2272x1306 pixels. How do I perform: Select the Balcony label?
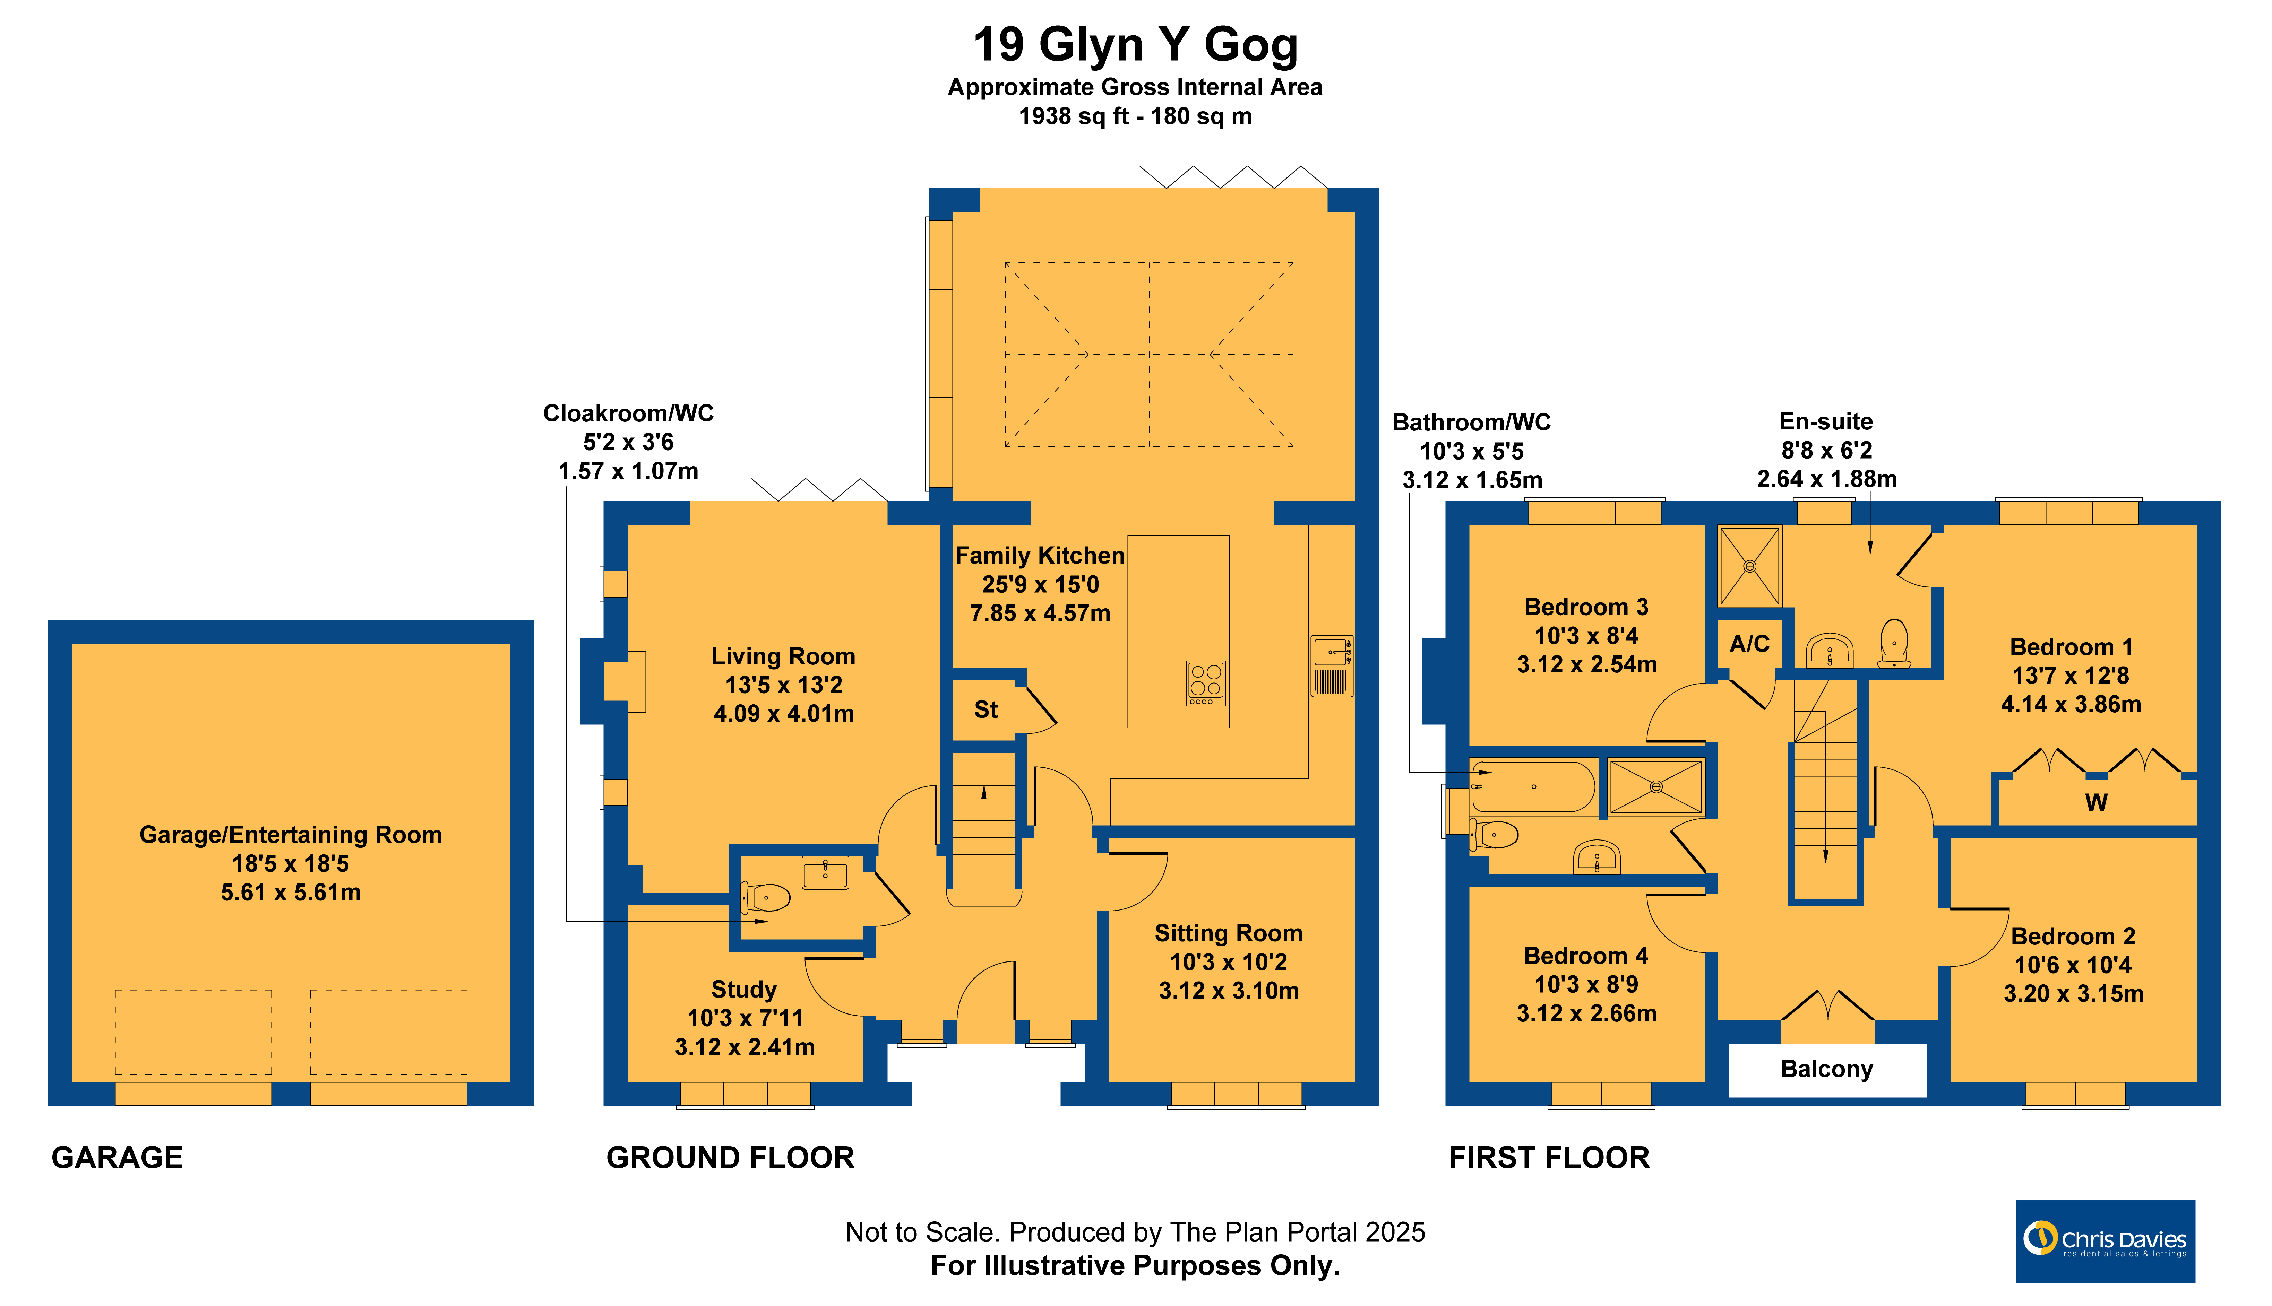(1827, 1069)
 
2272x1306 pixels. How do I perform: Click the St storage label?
(986, 709)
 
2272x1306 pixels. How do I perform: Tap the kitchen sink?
(1332, 665)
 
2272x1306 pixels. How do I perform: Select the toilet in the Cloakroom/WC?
(765, 897)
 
